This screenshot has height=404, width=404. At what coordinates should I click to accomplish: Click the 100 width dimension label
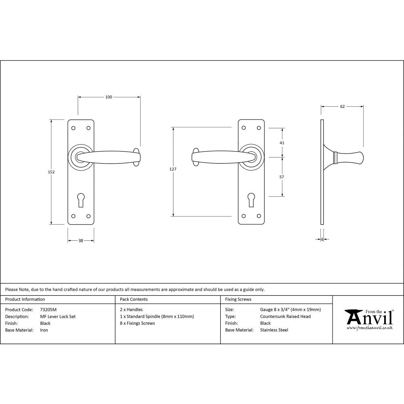coord(109,97)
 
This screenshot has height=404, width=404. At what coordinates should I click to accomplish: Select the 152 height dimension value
coord(51,172)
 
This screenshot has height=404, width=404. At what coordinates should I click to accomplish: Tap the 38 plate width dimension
coord(81,241)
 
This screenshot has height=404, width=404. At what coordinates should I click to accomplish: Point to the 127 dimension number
coord(173,169)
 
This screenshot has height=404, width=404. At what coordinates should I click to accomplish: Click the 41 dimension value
coord(282,143)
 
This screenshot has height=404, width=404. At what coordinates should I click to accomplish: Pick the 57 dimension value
coord(282,177)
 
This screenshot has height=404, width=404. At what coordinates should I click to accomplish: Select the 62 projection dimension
coord(342,107)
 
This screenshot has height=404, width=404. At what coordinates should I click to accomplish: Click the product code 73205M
coord(48,310)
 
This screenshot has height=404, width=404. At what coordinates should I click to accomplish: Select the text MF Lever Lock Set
coord(58,317)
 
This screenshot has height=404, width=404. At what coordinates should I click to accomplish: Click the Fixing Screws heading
coord(238,299)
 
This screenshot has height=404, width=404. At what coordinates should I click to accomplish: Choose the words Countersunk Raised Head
coord(285,317)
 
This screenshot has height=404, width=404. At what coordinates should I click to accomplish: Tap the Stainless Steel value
coord(274,330)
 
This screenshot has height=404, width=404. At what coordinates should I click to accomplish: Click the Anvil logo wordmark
coord(369,317)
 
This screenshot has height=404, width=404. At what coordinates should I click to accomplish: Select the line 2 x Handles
coord(131,310)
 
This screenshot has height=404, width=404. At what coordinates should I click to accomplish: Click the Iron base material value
coord(44,330)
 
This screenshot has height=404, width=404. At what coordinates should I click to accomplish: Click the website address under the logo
coord(369,328)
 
